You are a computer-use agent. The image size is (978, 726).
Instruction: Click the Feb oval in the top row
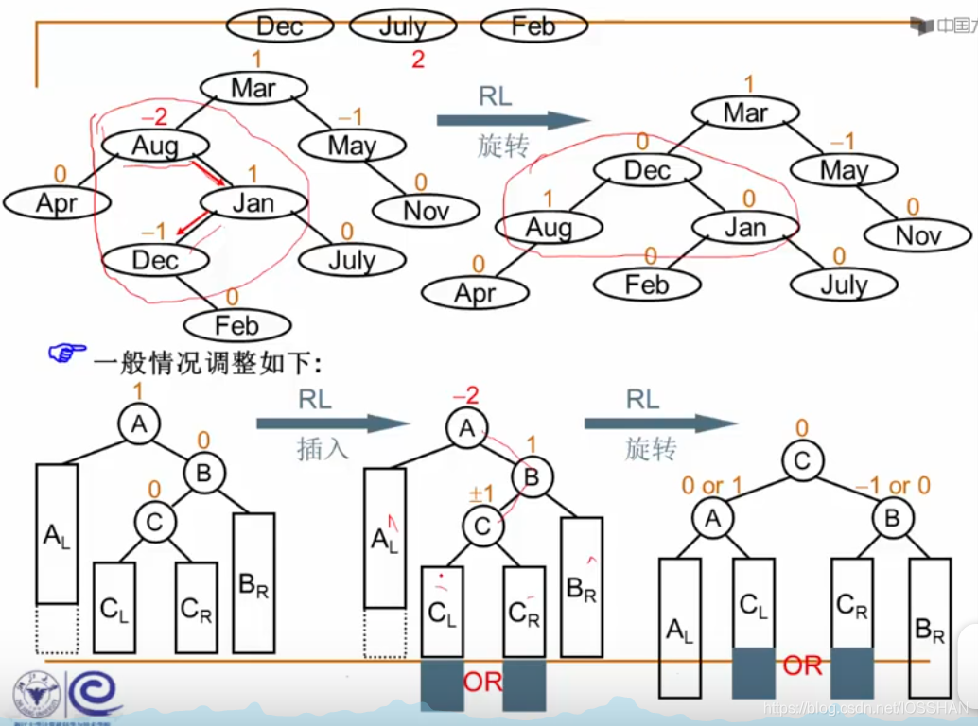[x=533, y=26]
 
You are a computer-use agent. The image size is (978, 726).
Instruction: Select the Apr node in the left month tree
[x=57, y=202]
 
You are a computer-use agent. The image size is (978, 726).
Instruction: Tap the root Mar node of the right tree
[x=744, y=112]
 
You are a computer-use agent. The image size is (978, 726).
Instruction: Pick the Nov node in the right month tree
[x=918, y=234]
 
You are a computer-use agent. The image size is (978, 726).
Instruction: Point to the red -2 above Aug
[x=154, y=117]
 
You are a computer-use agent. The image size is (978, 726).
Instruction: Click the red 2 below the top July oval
[x=418, y=60]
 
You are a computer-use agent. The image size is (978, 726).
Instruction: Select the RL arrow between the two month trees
[x=513, y=119]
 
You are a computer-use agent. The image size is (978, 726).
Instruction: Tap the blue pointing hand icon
[x=67, y=354]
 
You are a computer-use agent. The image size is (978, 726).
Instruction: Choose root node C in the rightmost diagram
[x=802, y=461]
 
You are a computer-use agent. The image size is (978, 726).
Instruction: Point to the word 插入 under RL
[x=323, y=449]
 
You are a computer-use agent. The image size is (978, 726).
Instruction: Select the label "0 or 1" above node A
[x=712, y=486]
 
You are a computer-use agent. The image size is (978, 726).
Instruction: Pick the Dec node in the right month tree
[x=647, y=170]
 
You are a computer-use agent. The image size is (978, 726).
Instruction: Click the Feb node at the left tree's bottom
[x=236, y=325]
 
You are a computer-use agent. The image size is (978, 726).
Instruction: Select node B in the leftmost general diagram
[x=203, y=473]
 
